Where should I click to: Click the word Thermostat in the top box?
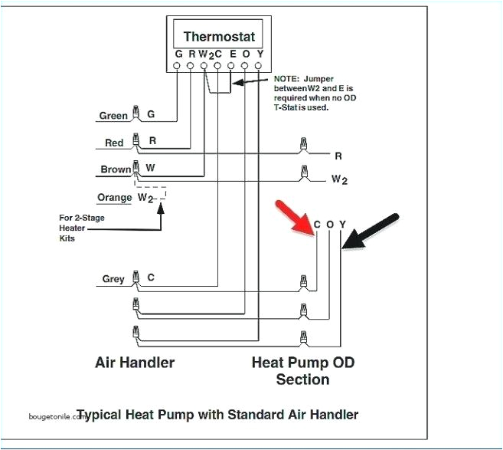(x=219, y=36)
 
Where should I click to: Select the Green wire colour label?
(x=113, y=117)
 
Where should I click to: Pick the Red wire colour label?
(x=114, y=143)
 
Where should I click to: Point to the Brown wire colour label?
(x=116, y=169)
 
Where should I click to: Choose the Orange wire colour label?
(x=115, y=197)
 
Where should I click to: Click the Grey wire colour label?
(x=113, y=279)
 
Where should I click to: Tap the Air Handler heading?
(x=135, y=362)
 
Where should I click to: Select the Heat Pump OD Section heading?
(x=303, y=370)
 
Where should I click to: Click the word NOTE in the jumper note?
(x=287, y=78)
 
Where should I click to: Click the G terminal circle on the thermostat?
(x=178, y=67)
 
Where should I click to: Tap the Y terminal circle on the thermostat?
(x=259, y=67)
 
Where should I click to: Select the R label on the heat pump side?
(x=338, y=156)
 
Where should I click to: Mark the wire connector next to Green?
(x=136, y=113)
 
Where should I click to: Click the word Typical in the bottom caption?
(x=119, y=415)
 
